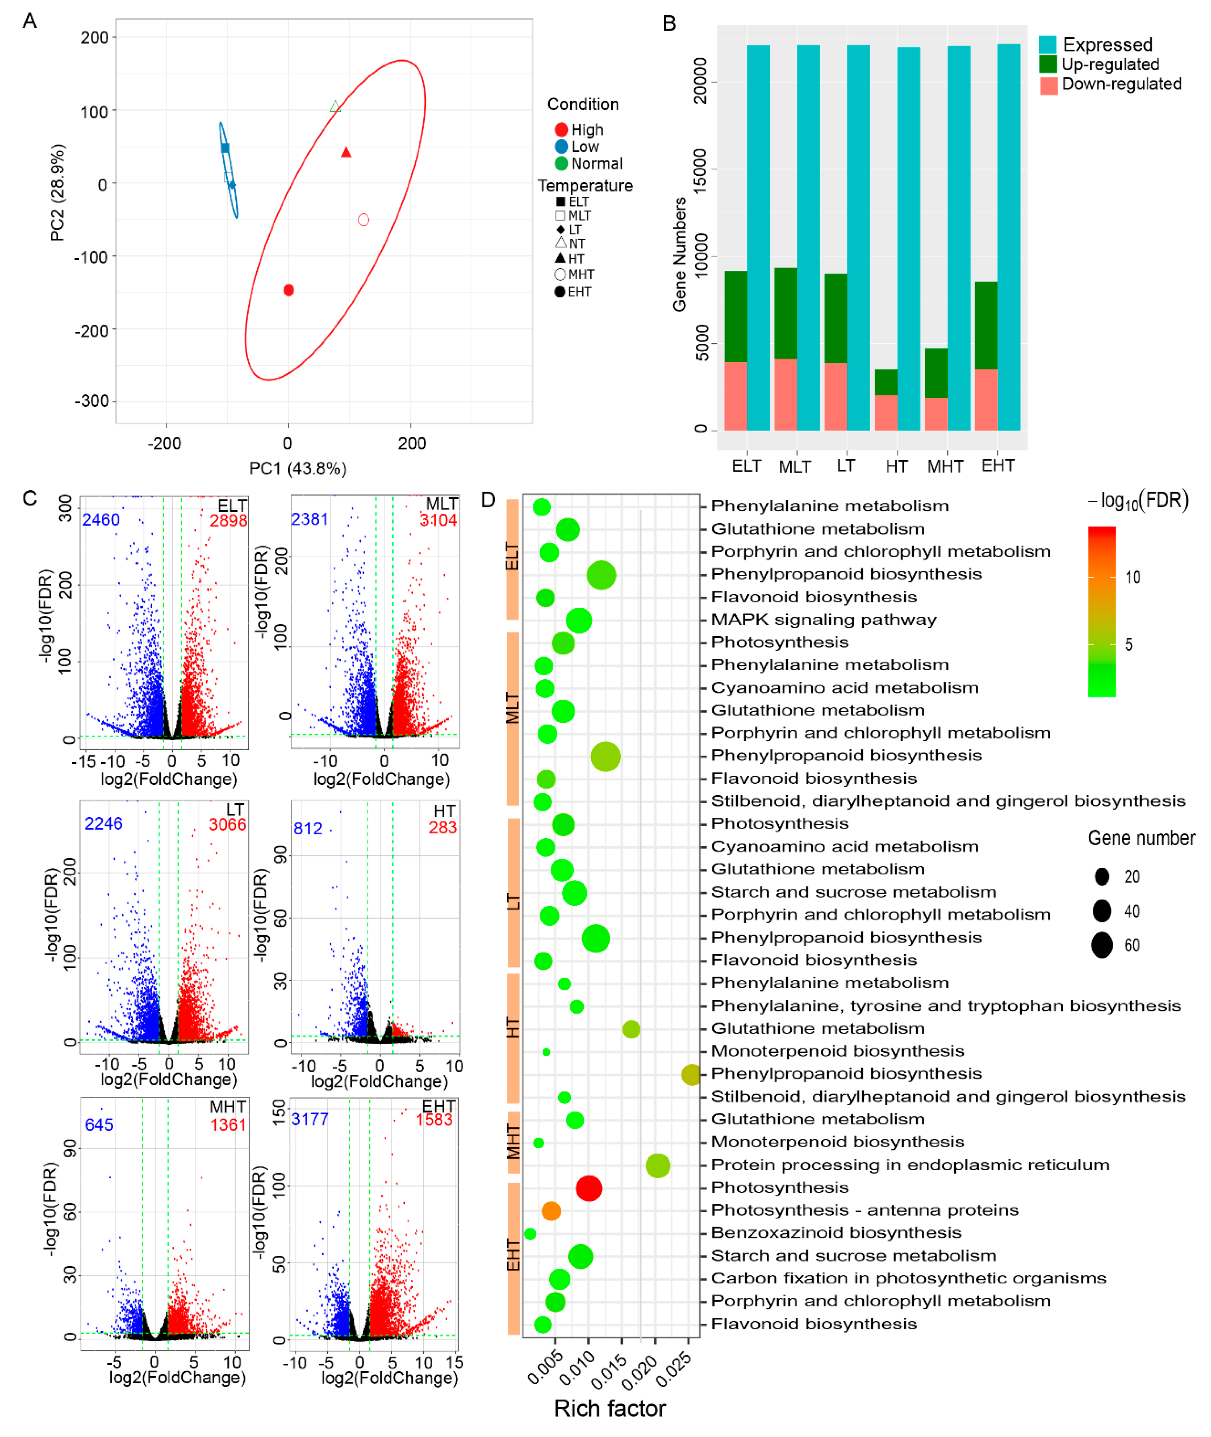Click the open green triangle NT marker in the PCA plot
point(335,106)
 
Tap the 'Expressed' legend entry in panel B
point(1107,45)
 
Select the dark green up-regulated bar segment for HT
point(886,382)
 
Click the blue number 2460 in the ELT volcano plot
point(101,520)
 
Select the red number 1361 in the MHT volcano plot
point(228,1125)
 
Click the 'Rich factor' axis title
point(610,1409)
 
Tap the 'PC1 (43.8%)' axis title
point(297,468)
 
